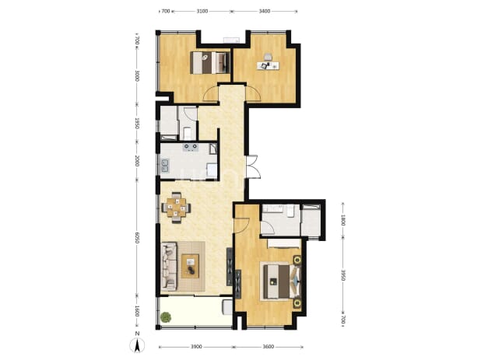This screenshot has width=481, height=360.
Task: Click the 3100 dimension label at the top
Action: coord(202,12)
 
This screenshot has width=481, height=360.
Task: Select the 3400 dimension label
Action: coord(265,12)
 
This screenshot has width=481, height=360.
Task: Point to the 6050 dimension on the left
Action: coord(137,237)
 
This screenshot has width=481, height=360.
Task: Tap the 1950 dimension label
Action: coord(137,123)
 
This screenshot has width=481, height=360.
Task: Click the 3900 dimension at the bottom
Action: coord(196,347)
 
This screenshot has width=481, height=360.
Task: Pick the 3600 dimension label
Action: coord(269,347)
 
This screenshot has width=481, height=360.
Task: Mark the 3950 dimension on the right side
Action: coord(343,275)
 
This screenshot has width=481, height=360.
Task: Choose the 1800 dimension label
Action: coord(343,220)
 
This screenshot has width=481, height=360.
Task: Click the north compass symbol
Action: coord(137,344)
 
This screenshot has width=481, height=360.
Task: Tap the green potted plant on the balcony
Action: coord(166,316)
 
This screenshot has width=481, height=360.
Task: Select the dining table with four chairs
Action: coord(176,208)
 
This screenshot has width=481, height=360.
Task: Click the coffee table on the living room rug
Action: coord(190,266)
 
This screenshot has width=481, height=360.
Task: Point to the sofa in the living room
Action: coord(169,266)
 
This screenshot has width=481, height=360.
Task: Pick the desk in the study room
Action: coord(269,65)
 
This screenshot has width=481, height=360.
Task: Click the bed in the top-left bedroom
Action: coord(210,62)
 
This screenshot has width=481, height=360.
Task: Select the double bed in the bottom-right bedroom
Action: coord(281,281)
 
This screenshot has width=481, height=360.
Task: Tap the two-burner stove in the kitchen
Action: coord(191,148)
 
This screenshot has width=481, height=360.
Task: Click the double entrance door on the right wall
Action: coord(253,167)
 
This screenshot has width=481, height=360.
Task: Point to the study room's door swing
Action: coord(254,93)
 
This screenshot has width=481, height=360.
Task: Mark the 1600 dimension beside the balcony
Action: coord(137,312)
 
